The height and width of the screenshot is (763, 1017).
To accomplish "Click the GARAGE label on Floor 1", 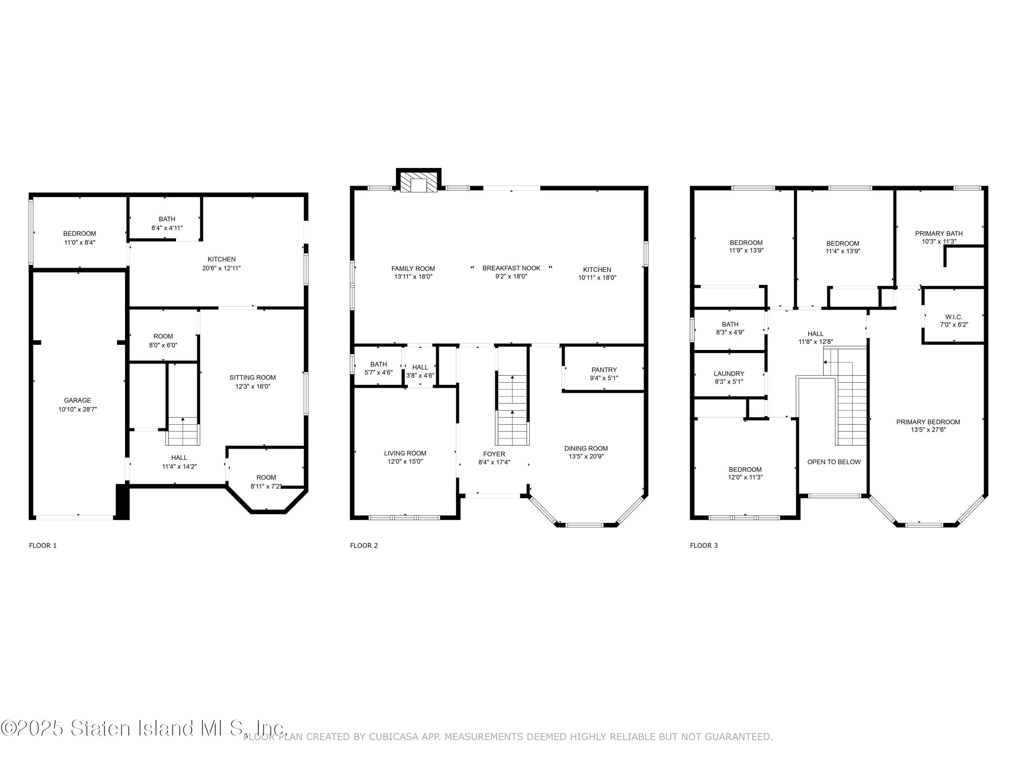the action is [77, 400].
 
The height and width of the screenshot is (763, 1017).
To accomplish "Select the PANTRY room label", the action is [604, 370].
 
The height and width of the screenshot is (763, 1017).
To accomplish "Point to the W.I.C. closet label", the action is [954, 317].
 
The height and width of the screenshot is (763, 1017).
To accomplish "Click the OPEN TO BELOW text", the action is [834, 462].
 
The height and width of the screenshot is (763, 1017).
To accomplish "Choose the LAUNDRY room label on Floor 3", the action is [729, 373].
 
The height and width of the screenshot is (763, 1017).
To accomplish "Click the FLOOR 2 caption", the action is [364, 545].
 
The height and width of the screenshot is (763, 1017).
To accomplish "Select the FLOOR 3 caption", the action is [703, 545].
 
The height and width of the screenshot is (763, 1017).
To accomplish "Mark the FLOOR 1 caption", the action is [43, 545].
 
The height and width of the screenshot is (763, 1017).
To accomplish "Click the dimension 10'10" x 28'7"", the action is [77, 409].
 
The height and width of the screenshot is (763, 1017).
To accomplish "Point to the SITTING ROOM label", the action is [253, 377].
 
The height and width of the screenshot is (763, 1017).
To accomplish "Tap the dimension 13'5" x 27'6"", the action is [928, 430].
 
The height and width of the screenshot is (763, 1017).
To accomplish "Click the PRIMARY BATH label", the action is [939, 233].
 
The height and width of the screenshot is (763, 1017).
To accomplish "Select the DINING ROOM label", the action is [586, 448].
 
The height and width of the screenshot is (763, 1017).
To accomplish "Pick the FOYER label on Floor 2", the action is [494, 454].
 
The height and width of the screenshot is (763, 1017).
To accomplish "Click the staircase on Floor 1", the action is [183, 431].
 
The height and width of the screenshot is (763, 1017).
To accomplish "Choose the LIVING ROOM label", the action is [405, 453].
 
